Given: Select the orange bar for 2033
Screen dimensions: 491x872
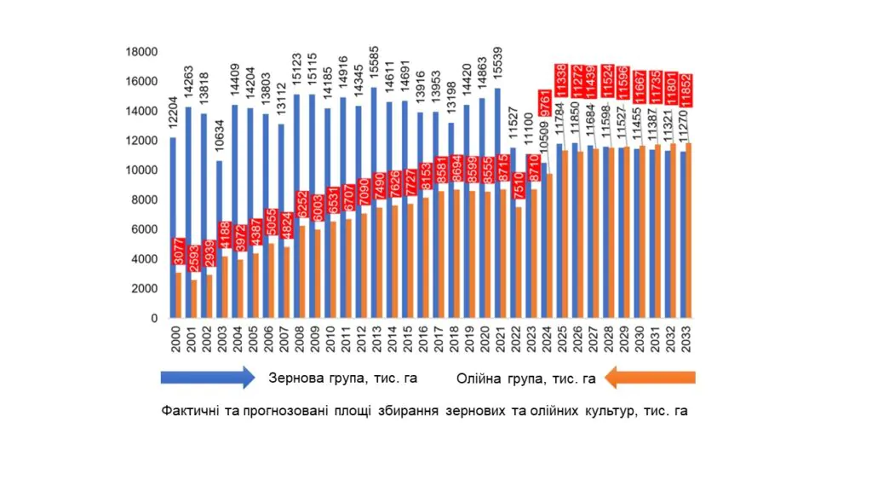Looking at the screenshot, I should tap(689, 230).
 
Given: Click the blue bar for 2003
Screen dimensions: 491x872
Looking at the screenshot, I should tap(220, 239).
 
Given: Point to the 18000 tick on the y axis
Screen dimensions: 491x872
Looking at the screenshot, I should tap(143, 52).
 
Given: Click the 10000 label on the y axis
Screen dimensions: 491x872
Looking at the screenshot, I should tap(143, 170).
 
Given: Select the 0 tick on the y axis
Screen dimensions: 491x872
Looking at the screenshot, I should tap(154, 319).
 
